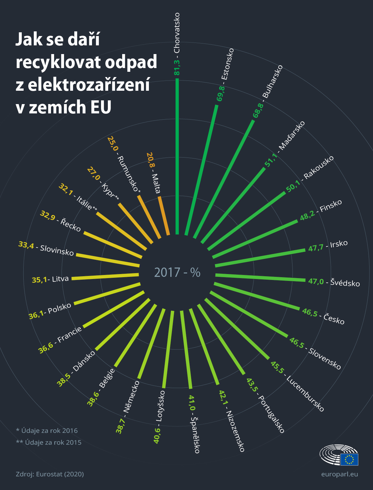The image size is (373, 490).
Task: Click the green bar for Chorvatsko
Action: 177,155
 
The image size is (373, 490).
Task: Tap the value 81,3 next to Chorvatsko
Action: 177,67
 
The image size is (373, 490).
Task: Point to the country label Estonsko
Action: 228,64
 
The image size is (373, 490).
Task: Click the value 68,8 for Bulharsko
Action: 258,111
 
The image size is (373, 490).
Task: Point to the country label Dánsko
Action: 84,361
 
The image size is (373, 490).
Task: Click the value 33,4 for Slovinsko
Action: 26,245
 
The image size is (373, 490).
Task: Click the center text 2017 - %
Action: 177,272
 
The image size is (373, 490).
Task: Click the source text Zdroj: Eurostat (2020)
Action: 50,474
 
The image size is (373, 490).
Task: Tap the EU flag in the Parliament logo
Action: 349,459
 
